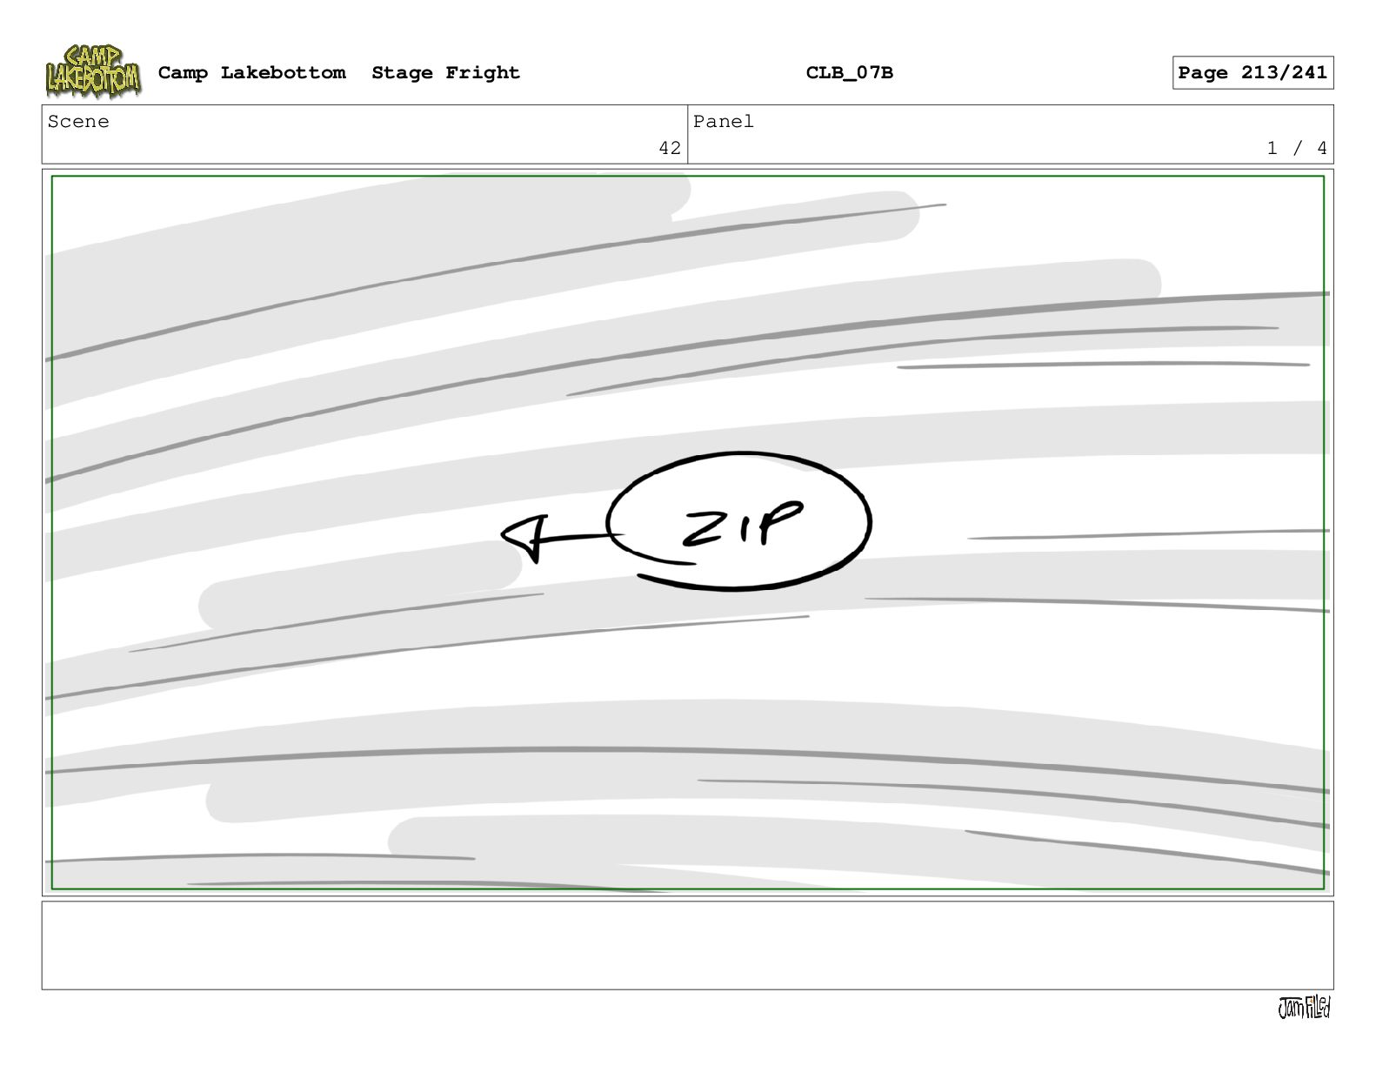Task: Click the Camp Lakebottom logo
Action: [93, 71]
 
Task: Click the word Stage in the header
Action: [402, 73]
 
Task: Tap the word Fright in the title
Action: [483, 73]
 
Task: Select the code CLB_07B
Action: [849, 73]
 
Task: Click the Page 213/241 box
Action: [1252, 73]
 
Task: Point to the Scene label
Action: [78, 121]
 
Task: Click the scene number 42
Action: [670, 148]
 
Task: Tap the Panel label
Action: [723, 121]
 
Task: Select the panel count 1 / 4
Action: [1296, 148]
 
